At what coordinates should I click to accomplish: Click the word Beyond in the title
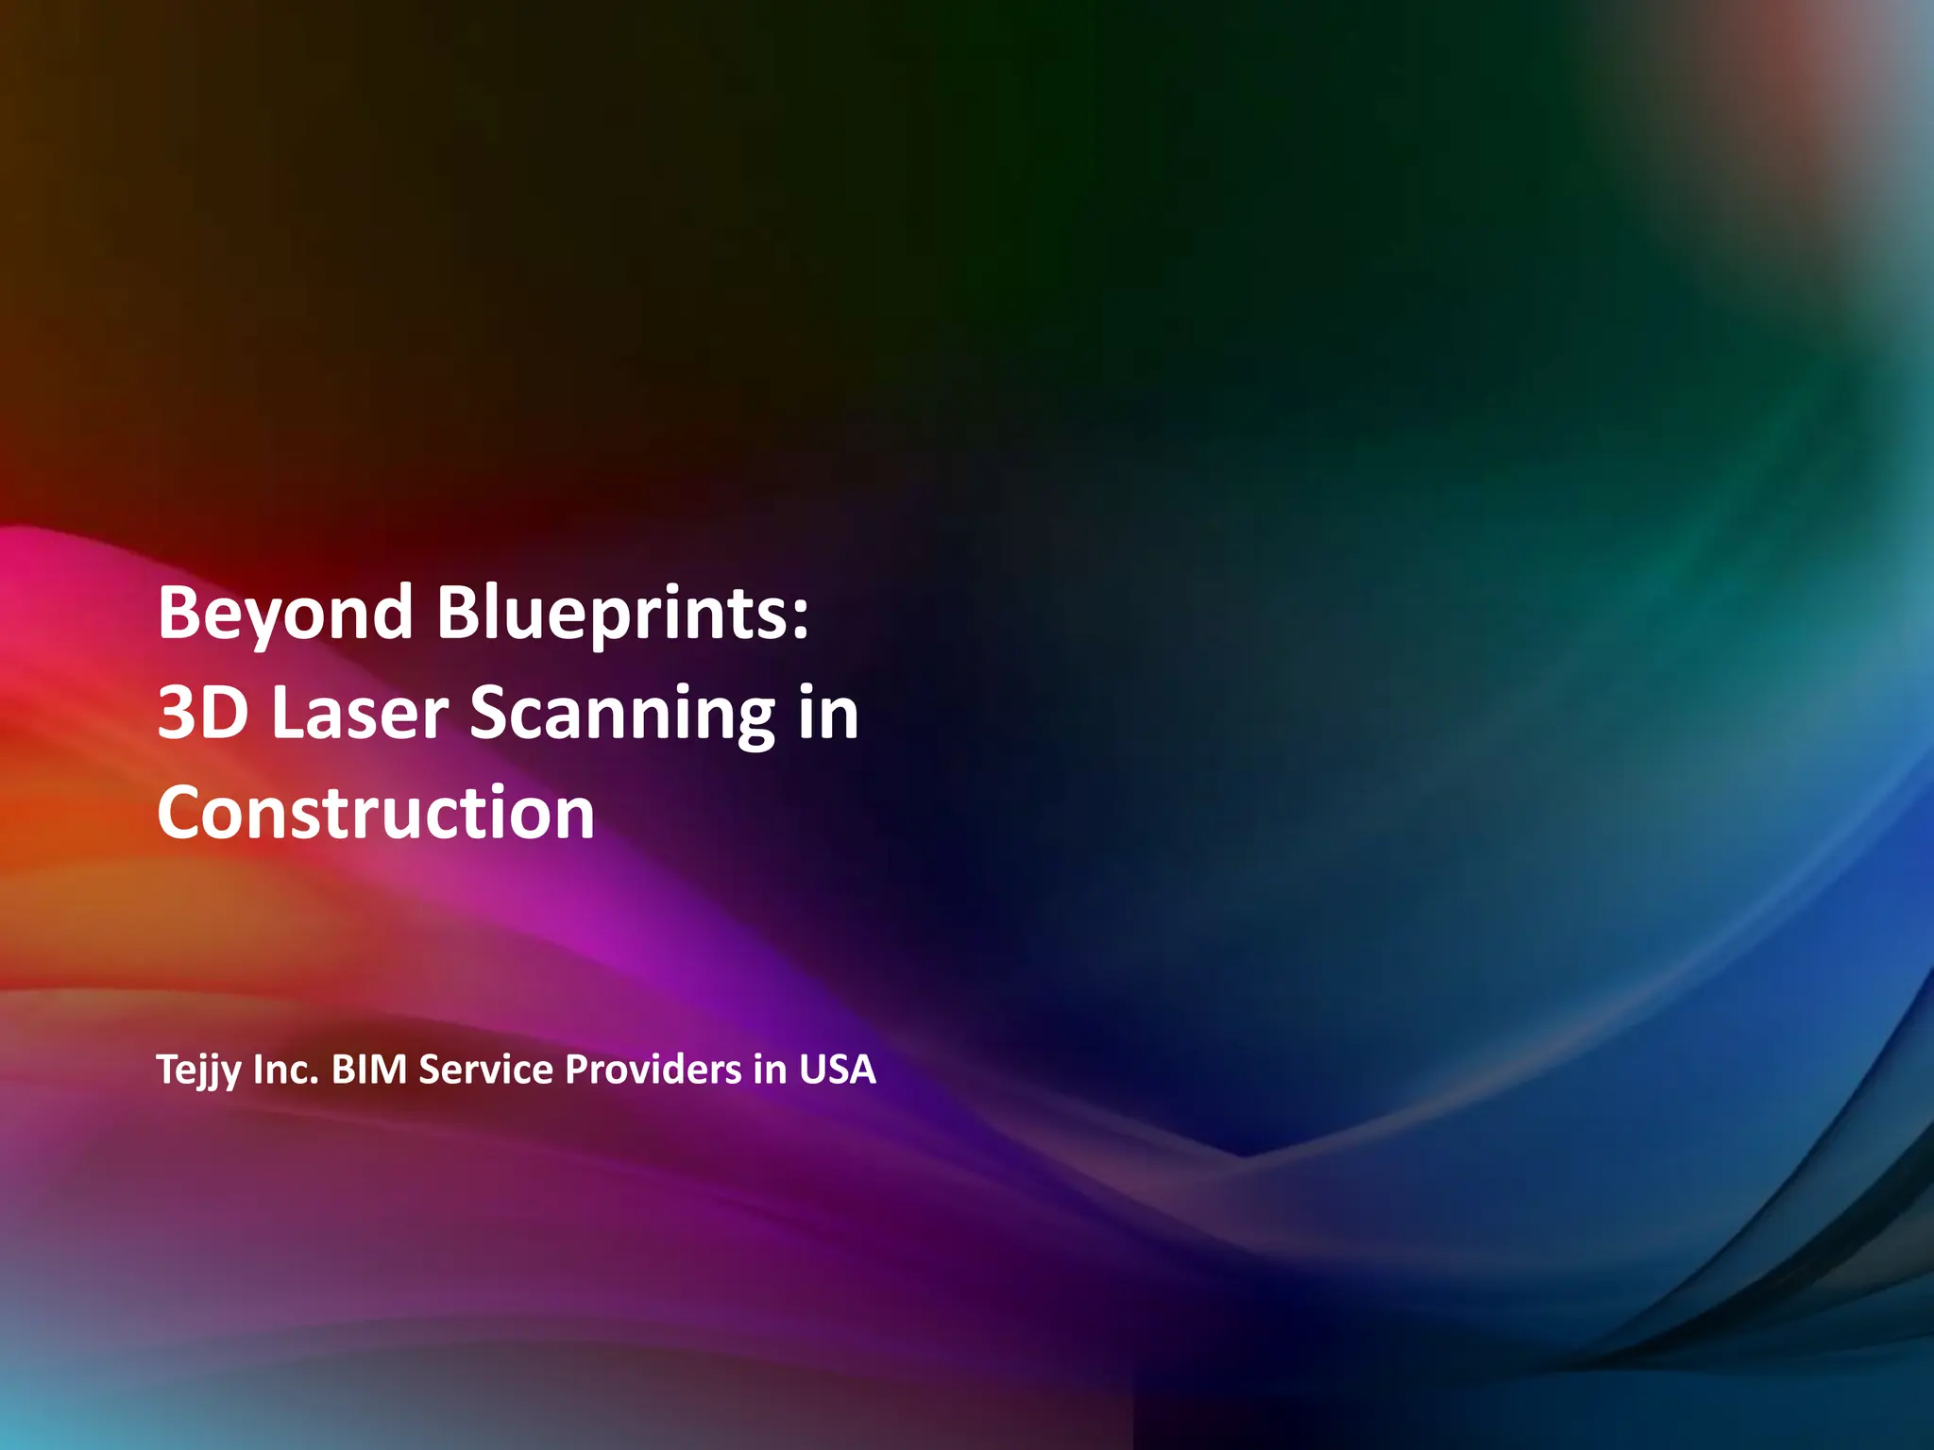click(284, 614)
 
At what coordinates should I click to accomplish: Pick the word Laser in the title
click(360, 713)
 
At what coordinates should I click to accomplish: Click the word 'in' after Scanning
click(828, 713)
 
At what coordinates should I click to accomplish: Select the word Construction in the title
click(376, 813)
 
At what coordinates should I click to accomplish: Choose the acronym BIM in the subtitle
click(369, 1070)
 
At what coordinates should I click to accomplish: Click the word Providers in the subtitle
click(653, 1070)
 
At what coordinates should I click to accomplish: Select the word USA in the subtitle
click(837, 1070)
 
